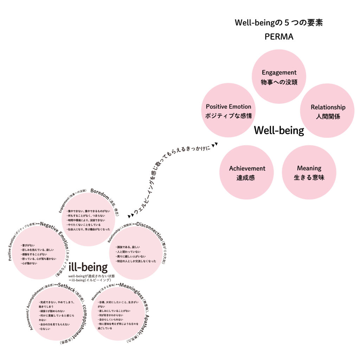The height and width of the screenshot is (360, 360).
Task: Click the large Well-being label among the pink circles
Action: pyautogui.click(x=279, y=131)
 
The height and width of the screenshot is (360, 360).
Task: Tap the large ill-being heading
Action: pyautogui.click(x=88, y=267)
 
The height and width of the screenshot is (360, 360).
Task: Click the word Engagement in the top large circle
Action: pyautogui.click(x=279, y=72)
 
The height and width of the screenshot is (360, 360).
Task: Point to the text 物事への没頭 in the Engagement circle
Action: pyautogui.click(x=279, y=82)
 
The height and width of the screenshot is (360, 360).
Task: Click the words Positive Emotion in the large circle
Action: pyautogui.click(x=229, y=107)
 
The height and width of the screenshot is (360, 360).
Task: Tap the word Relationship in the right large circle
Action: pyautogui.click(x=328, y=107)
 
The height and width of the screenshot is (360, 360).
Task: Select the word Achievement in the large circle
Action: pyautogui.click(x=247, y=168)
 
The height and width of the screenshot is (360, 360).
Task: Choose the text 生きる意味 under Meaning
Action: pyautogui.click(x=309, y=178)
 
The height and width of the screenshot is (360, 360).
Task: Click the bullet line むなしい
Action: pyautogui.click(x=45, y=329)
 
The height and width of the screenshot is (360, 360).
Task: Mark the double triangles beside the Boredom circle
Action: pyautogui.click(x=130, y=215)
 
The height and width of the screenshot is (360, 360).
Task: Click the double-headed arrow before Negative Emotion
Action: pyautogui.click(x=38, y=224)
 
